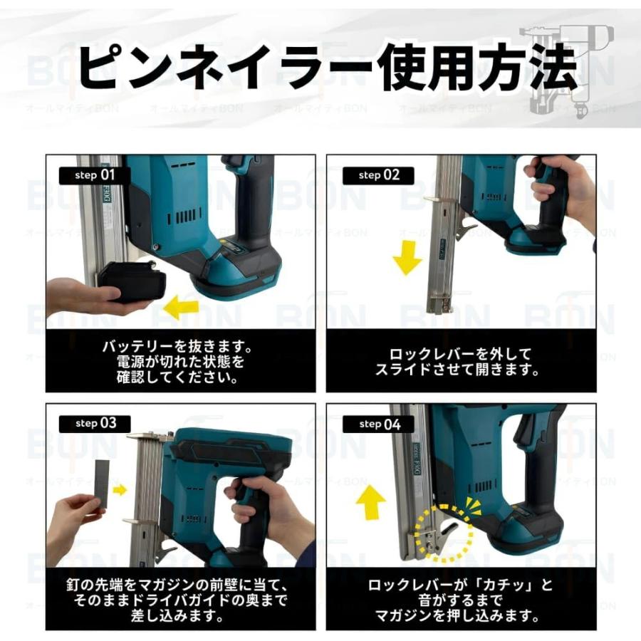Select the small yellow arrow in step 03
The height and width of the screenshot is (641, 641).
(x=120, y=489)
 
